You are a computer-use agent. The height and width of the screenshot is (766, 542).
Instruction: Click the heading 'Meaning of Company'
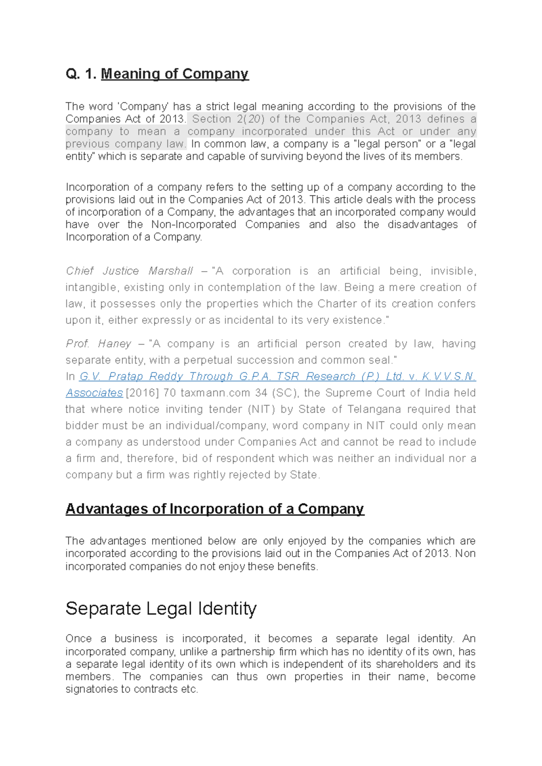tap(174, 74)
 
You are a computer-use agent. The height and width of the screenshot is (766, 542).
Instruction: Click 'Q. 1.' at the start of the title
tap(81, 74)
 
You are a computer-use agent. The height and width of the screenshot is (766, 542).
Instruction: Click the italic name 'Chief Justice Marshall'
tap(129, 271)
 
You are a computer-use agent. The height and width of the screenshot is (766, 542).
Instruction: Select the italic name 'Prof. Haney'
tap(98, 344)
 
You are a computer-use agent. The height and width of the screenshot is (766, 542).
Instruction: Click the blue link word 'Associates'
tap(94, 393)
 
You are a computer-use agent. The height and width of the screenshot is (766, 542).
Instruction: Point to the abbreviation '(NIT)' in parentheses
tap(262, 409)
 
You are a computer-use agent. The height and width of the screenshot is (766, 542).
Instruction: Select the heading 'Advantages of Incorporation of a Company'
tap(215, 508)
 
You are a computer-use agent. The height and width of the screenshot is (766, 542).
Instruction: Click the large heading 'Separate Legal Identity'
tap(161, 608)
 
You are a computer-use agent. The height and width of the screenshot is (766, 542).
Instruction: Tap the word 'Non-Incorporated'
tap(193, 225)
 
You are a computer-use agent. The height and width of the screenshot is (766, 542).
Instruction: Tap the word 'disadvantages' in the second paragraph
tap(422, 225)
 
